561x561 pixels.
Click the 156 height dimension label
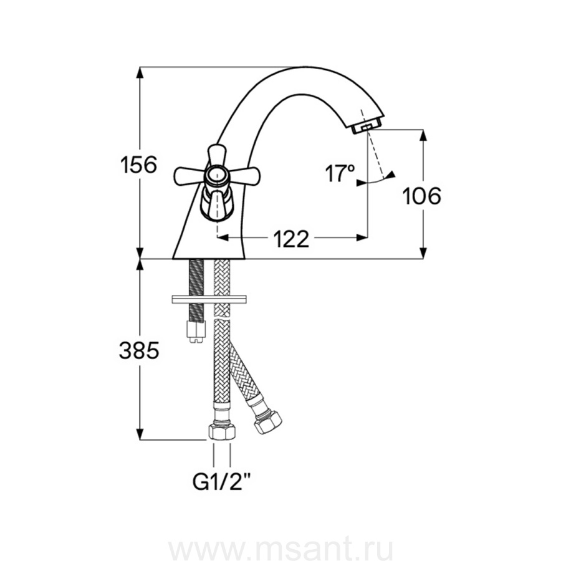point(139,165)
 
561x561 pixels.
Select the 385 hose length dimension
point(139,350)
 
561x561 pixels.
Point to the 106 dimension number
point(422,196)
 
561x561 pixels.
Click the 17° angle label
point(340,173)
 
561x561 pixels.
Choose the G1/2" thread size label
point(221,484)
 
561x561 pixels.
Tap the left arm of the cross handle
point(188,176)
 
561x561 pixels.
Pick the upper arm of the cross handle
point(216,156)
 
